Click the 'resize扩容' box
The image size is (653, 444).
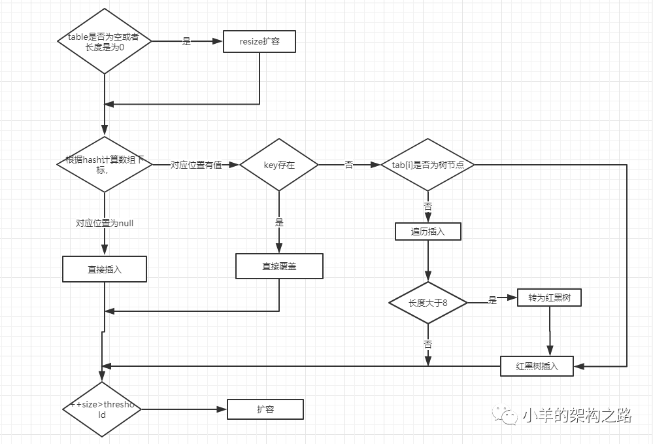click(x=260, y=42)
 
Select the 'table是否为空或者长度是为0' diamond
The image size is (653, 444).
click(x=104, y=41)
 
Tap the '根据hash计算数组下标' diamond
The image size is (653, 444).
click(x=105, y=164)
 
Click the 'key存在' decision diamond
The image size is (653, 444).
click(x=279, y=165)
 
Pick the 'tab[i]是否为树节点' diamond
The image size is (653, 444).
click(x=427, y=165)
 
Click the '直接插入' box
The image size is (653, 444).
click(x=105, y=269)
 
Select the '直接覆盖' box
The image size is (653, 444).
click(x=279, y=266)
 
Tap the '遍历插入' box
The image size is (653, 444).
click(x=427, y=231)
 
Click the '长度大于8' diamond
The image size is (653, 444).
click(x=427, y=303)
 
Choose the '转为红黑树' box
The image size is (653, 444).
click(x=549, y=298)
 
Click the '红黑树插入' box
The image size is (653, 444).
click(x=537, y=366)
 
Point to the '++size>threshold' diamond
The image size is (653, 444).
click(x=102, y=409)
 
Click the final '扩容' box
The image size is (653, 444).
click(x=265, y=410)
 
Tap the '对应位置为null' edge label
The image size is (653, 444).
click(x=105, y=223)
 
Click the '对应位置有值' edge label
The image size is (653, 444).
click(x=196, y=165)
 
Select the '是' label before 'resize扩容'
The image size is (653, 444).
click(x=186, y=41)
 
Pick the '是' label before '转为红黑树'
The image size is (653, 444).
click(x=492, y=299)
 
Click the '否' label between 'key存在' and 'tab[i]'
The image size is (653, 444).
click(x=349, y=165)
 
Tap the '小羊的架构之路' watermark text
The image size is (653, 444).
click(x=577, y=415)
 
